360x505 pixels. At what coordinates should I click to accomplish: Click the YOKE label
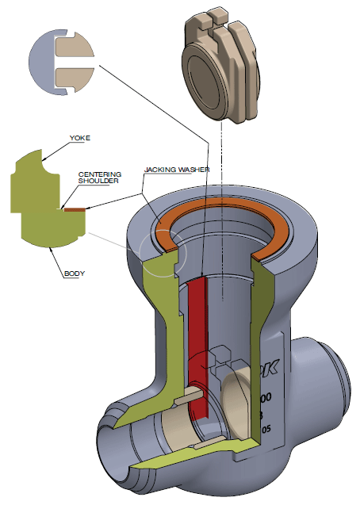[x=81, y=138]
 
